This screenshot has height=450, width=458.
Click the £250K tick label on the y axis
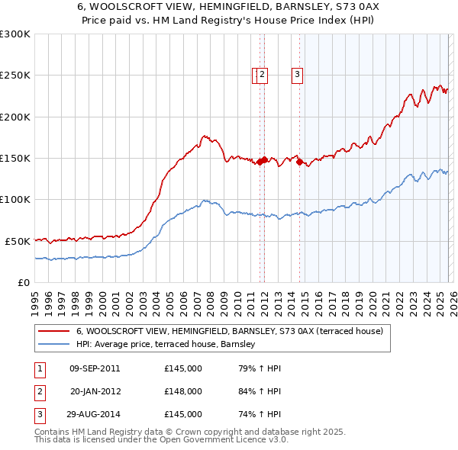15,76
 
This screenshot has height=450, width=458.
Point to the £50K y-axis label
18,241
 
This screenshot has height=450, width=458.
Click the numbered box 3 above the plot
296,74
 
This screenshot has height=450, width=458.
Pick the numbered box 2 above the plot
262,74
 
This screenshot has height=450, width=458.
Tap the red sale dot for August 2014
299,162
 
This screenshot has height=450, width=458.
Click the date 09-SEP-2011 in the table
95,368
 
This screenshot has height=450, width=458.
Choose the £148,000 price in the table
182,391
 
